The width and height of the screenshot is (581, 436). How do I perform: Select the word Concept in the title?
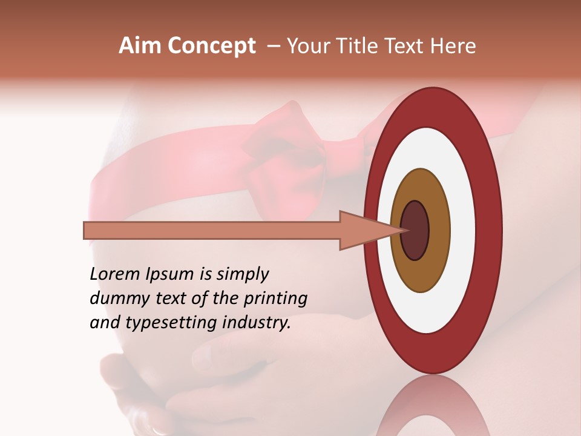[212, 46]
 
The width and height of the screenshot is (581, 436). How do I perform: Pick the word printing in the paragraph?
[275, 299]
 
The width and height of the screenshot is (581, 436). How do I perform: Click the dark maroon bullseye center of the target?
[415, 230]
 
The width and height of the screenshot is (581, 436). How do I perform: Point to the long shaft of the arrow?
[212, 230]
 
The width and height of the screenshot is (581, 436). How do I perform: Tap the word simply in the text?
[242, 274]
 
